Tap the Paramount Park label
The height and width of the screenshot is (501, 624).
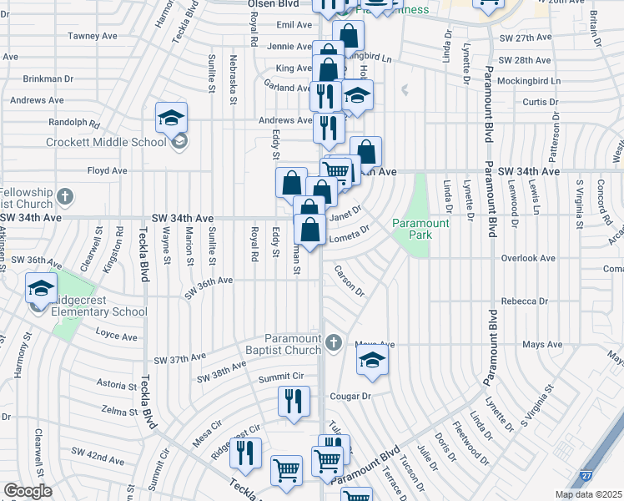coord(421,229)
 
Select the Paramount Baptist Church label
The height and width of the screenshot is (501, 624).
coord(293,344)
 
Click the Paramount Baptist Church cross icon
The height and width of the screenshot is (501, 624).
coord(333,342)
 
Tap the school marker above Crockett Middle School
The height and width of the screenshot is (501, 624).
coord(171,118)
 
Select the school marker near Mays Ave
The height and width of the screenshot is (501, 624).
coord(372,361)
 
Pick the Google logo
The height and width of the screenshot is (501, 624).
coord(28,491)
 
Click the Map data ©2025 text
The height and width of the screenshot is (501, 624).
coord(588,494)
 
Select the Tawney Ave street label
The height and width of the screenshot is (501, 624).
coord(93,36)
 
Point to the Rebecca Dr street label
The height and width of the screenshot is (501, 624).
coord(525,301)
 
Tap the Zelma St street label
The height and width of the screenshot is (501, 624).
coord(118,412)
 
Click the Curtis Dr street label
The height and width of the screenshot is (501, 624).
coord(540,103)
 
